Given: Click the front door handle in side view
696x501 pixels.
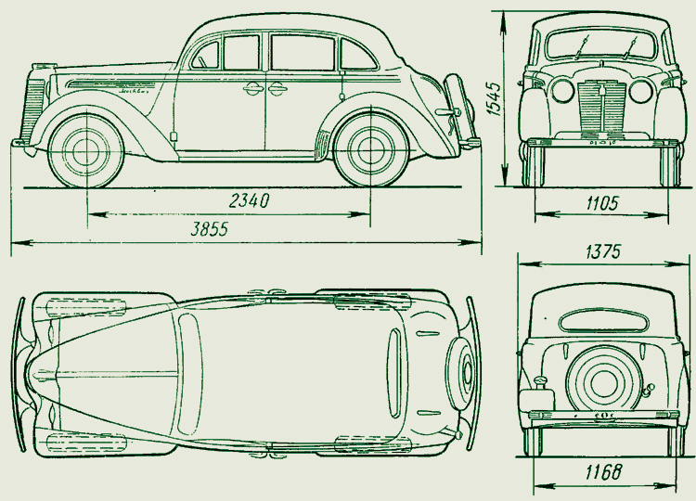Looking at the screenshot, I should point(251,90).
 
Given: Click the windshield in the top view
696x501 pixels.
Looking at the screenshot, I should point(188,372).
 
